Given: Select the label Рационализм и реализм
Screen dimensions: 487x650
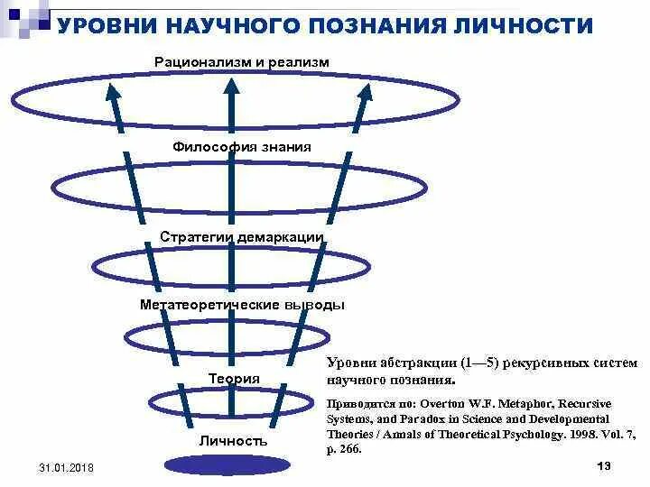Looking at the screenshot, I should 241,62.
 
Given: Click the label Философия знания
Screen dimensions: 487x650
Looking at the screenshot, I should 241,146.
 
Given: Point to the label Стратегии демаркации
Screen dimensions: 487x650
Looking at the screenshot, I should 241,236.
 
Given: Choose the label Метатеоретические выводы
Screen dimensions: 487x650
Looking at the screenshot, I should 241,305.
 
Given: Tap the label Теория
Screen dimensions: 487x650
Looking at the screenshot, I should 234,379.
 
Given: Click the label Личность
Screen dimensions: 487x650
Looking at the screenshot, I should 234,441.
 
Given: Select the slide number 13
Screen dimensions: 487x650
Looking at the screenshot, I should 605,464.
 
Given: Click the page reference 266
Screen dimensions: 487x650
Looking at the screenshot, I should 348,448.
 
